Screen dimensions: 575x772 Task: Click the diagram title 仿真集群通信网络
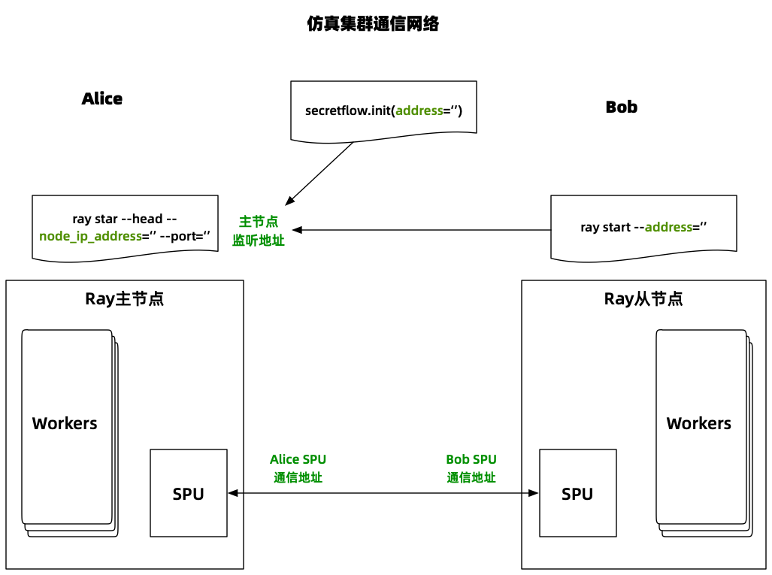[373, 24]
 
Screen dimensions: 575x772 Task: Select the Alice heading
[102, 99]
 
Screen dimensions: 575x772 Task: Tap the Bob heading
[621, 107]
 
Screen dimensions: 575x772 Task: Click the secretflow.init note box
[383, 110]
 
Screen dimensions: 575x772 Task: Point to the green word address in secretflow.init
[419, 110]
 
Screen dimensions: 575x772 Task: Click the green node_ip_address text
[91, 235]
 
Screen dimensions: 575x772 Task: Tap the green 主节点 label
[259, 222]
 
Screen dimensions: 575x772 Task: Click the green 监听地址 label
[259, 241]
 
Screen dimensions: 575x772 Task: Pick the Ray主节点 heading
[125, 299]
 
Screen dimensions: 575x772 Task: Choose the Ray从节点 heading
[643, 299]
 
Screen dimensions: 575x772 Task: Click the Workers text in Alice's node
[65, 424]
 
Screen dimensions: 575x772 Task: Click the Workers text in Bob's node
[699, 424]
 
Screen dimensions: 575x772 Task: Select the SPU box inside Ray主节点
[189, 493]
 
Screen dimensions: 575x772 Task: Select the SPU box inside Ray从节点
[577, 493]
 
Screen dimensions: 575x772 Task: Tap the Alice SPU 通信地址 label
[298, 468]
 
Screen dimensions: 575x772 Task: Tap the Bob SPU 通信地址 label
[471, 468]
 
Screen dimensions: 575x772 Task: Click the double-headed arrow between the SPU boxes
[383, 493]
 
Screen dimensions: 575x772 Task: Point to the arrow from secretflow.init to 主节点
[319, 173]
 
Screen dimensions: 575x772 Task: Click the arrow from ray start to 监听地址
[421, 229]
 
